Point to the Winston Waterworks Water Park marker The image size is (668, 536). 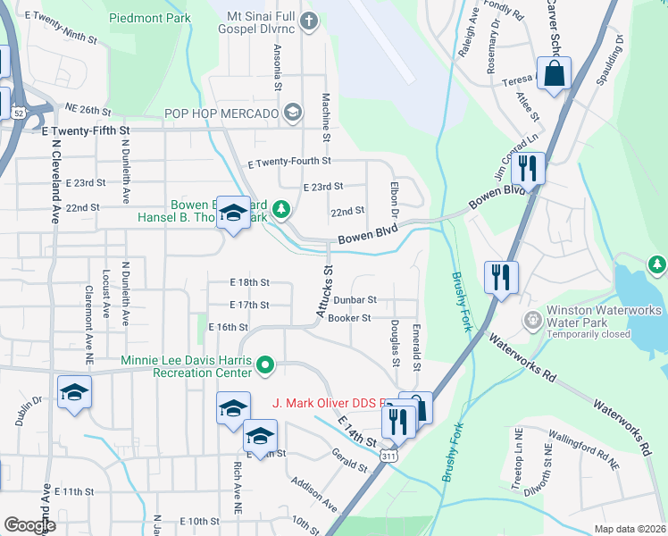(x=534, y=319)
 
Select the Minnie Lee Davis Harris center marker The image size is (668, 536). (x=265, y=364)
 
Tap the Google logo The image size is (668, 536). (x=29, y=525)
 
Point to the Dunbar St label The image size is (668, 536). (x=356, y=300)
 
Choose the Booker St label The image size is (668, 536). (x=349, y=318)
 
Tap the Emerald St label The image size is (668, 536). (x=417, y=348)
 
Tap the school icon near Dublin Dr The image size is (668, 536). (x=75, y=393)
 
